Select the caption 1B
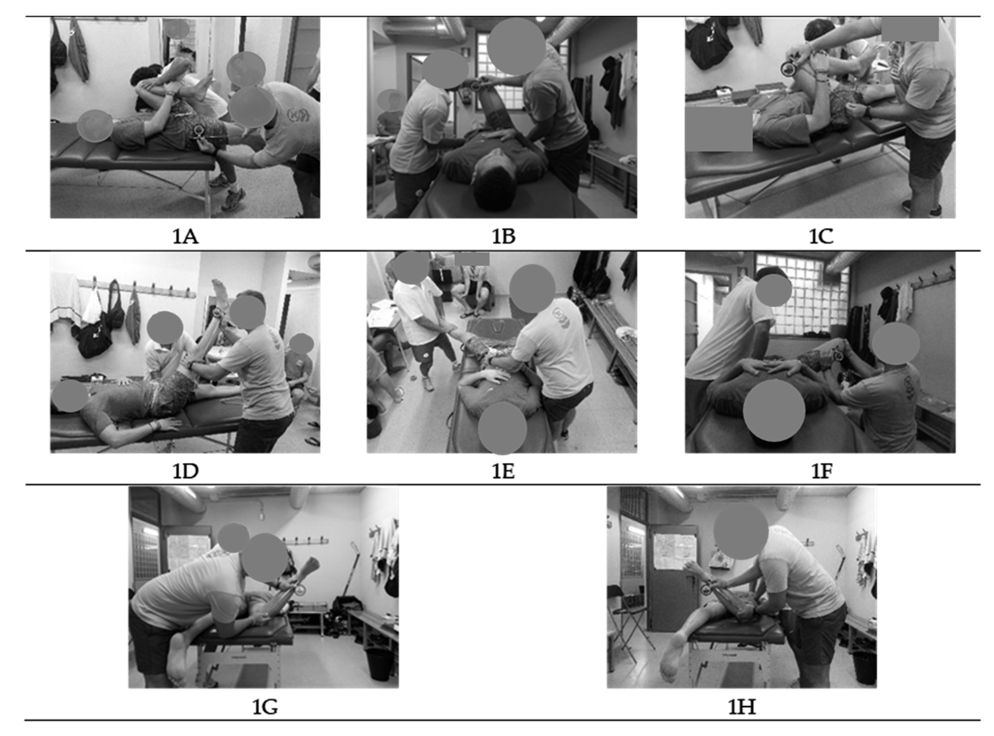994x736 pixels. [503, 236]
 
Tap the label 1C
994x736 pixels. [821, 236]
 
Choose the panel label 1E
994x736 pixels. [503, 471]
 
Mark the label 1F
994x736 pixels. [821, 471]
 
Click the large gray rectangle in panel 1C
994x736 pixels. [719, 129]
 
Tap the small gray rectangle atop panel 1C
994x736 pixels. [910, 29]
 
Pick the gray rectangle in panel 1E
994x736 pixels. [472, 259]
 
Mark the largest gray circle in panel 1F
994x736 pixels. [774, 410]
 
